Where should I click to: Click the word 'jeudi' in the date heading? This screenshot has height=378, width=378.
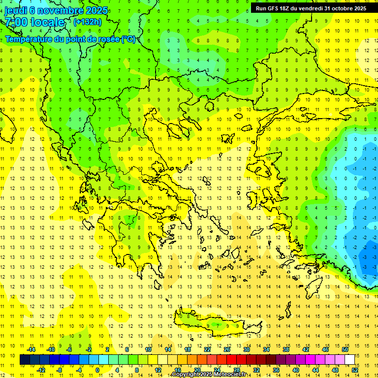tap(16, 10)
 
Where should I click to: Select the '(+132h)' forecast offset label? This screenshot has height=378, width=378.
tap(88, 22)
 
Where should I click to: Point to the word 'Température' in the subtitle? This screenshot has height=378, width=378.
tap(29, 39)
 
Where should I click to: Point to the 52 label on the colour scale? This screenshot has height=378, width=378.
tap(355, 370)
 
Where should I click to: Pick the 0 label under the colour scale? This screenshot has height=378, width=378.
tap(97, 370)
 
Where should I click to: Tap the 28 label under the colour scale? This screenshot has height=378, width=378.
tap(236, 370)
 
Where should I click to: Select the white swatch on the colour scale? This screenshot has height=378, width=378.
tap(349, 360)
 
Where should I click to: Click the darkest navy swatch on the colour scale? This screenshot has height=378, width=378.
tap(25, 360)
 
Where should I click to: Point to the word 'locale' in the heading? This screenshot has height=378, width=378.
tap(47, 22)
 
